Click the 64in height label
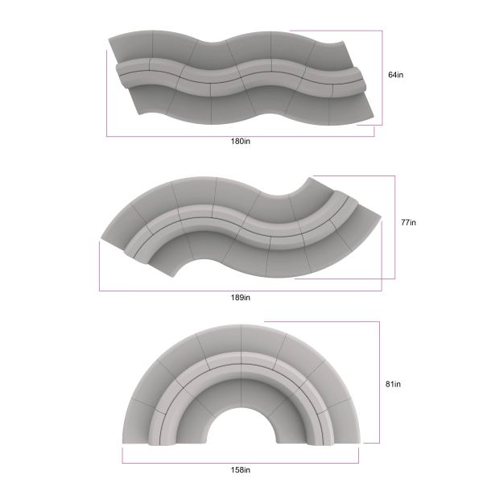[x=395, y=75]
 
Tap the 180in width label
[x=241, y=142]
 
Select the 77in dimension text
[x=408, y=222]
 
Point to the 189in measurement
[x=241, y=298]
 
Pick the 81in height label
[x=393, y=384]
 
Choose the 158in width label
[x=241, y=470]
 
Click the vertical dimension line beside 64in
[x=382, y=78]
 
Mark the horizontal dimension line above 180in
[x=240, y=136]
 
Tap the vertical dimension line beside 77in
[x=394, y=227]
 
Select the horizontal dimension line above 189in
[x=240, y=291]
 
